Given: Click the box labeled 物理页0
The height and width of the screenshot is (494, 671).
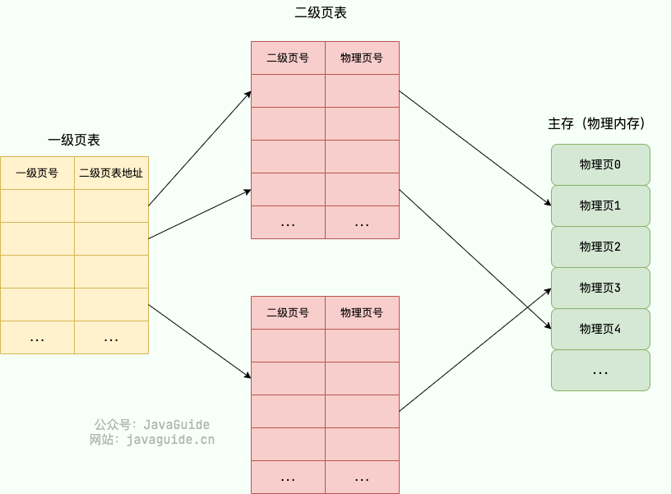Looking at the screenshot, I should click(600, 164).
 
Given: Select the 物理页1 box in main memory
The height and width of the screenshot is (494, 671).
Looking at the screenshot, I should click(600, 205).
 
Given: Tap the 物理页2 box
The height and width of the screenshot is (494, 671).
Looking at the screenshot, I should click(600, 247).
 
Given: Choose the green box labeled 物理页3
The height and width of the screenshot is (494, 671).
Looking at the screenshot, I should click(600, 288).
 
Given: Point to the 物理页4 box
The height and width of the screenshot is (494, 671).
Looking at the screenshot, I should click(600, 329).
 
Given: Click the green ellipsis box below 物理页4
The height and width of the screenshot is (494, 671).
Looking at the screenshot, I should click(600, 371).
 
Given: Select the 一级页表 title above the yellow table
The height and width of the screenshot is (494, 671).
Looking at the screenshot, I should click(74, 141).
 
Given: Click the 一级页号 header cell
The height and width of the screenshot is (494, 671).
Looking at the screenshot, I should click(37, 173).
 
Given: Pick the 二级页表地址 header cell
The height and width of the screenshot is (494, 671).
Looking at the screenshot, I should click(111, 173).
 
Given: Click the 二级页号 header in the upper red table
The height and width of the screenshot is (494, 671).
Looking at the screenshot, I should click(288, 58).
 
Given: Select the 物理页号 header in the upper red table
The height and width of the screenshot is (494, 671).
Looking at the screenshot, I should click(362, 58).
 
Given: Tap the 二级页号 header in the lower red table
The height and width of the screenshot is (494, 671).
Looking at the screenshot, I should click(288, 313).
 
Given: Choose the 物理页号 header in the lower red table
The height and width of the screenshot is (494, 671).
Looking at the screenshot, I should click(362, 313).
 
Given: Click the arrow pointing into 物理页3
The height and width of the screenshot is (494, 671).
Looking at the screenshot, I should click(475, 349).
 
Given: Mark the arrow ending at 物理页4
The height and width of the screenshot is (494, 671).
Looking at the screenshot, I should click(475, 259).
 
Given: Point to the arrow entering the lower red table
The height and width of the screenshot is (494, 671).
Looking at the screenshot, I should click(200, 341).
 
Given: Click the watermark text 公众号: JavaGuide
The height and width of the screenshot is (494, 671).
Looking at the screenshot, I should click(152, 425).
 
